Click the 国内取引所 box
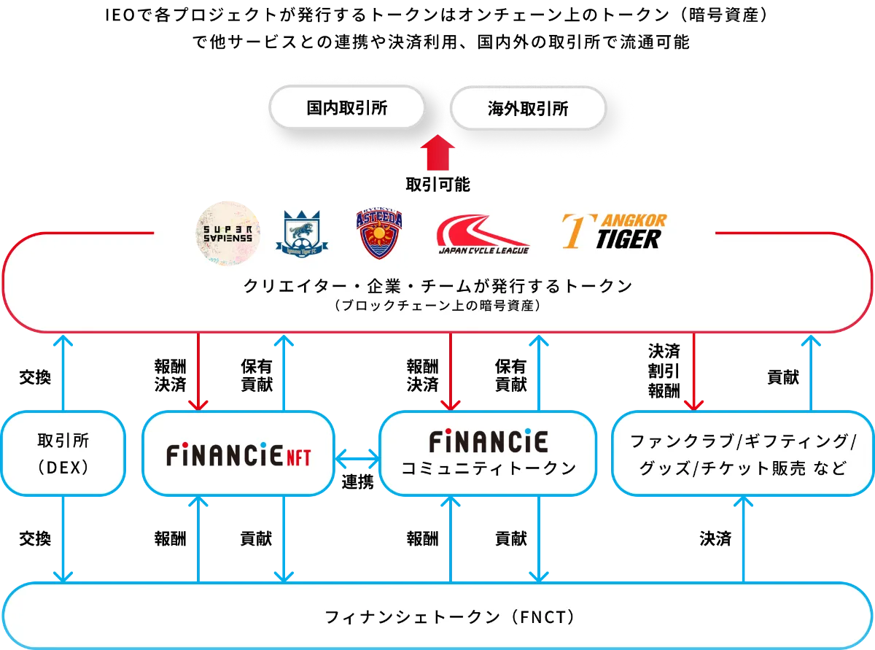point(346,109)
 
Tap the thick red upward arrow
point(437,152)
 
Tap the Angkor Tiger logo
point(613,231)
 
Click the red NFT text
point(297,457)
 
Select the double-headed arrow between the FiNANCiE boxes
point(357,459)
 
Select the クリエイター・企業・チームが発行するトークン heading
point(437,287)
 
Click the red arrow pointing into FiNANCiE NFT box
point(198,372)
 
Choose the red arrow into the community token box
point(452,372)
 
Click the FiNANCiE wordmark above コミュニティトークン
point(488,441)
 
